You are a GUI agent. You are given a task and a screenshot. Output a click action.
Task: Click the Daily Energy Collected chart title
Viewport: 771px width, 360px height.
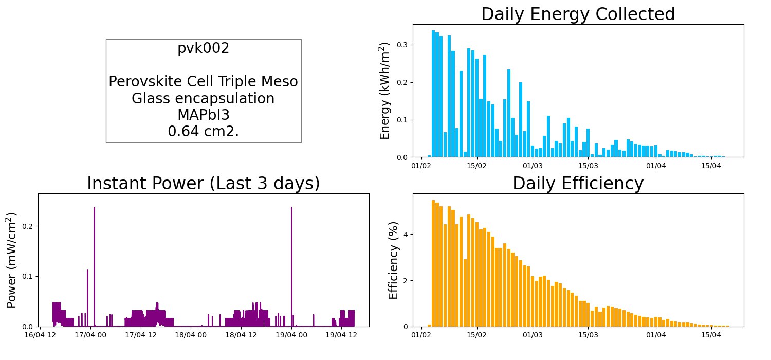(x=578, y=14)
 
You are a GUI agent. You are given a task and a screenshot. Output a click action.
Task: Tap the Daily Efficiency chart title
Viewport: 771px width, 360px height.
(x=578, y=183)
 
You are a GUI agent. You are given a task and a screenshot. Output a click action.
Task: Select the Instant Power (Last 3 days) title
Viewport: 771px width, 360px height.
(x=204, y=183)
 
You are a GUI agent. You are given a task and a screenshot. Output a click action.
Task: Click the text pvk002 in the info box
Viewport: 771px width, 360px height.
(x=204, y=48)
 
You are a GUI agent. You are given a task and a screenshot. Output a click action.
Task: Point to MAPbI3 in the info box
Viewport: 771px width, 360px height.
(x=204, y=115)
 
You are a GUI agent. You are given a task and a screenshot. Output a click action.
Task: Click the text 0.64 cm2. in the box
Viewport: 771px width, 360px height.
(x=204, y=131)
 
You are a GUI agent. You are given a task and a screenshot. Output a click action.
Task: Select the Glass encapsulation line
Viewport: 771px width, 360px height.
(x=203, y=99)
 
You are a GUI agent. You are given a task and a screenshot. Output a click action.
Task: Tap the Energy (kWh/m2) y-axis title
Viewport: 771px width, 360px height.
(x=384, y=91)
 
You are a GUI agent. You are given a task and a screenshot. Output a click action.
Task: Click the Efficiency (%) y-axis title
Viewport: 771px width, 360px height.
(x=393, y=260)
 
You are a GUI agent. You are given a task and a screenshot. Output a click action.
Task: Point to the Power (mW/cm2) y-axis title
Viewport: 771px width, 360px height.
(x=11, y=260)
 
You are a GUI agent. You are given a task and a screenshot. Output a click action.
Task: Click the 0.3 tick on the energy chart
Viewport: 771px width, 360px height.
(x=402, y=45)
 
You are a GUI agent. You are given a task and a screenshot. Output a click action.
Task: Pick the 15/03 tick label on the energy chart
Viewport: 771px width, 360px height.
(x=588, y=166)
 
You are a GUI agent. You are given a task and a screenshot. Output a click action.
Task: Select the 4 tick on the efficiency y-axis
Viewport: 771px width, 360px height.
(x=406, y=235)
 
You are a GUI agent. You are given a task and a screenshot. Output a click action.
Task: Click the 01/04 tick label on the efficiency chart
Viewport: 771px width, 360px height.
(x=656, y=335)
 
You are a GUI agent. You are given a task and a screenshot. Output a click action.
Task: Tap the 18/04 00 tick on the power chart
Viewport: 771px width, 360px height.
(x=191, y=335)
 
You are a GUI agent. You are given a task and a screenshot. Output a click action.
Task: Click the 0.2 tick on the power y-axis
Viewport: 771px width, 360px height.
(x=28, y=226)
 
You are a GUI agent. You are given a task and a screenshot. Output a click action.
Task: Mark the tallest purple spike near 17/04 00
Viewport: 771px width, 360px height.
(x=94, y=267)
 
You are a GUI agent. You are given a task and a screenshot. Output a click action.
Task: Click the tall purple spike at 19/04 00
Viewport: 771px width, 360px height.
(x=291, y=267)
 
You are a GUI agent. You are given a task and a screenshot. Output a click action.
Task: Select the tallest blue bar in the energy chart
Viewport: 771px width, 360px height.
(x=433, y=94)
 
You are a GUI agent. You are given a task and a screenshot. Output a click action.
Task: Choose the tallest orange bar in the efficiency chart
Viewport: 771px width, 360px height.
(x=433, y=263)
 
